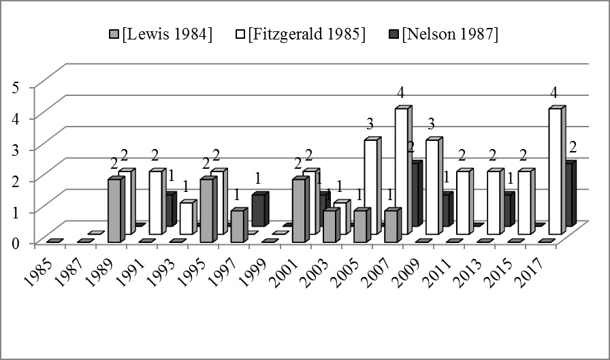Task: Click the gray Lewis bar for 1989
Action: [x=114, y=210]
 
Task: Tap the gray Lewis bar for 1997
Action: [x=237, y=226]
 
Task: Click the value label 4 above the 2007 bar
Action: [x=401, y=92]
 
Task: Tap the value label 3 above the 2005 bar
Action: [x=370, y=124]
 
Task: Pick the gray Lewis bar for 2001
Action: [x=298, y=210]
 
